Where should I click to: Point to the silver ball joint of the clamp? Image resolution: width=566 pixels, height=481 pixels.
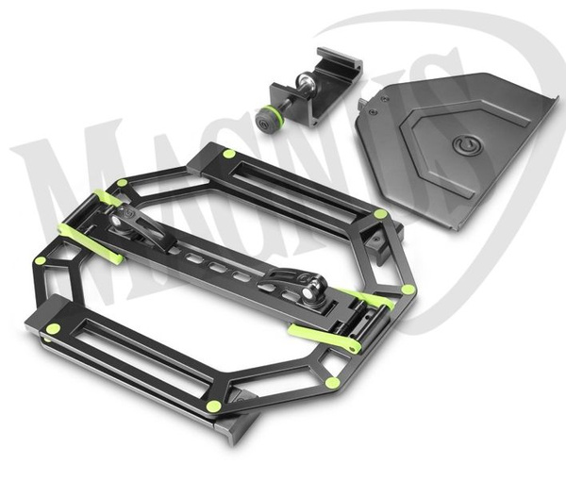pyautogui.click(x=303, y=81)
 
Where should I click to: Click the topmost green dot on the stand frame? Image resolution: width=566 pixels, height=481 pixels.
pyautogui.click(x=228, y=155)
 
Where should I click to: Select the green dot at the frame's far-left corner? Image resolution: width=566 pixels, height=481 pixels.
pyautogui.click(x=41, y=261)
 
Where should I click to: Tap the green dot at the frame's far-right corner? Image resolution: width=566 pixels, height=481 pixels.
pyautogui.click(x=408, y=290)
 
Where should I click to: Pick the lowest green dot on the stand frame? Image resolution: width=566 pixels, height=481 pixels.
pyautogui.click(x=215, y=405)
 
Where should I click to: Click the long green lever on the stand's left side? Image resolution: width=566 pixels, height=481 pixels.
pyautogui.click(x=92, y=242)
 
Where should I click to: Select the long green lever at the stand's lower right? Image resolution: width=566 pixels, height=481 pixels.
pyautogui.click(x=325, y=337)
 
